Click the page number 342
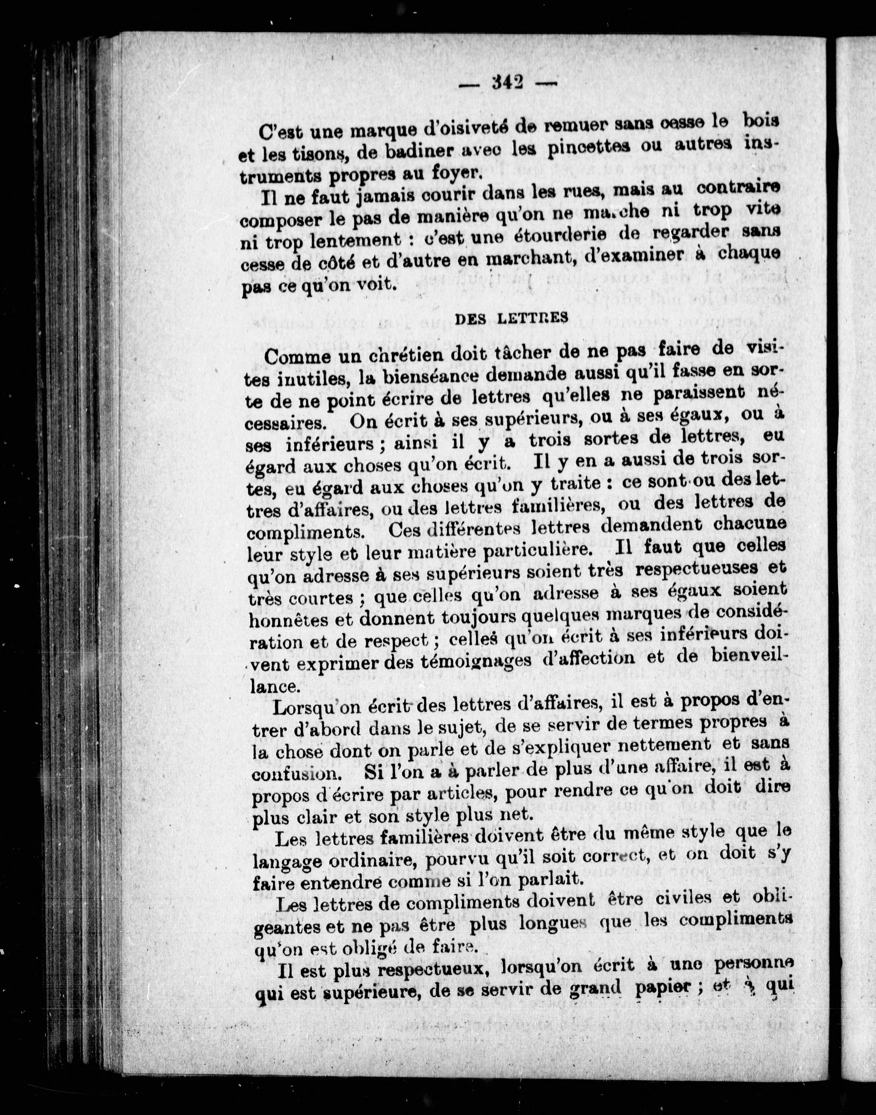pyautogui.click(x=506, y=82)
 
